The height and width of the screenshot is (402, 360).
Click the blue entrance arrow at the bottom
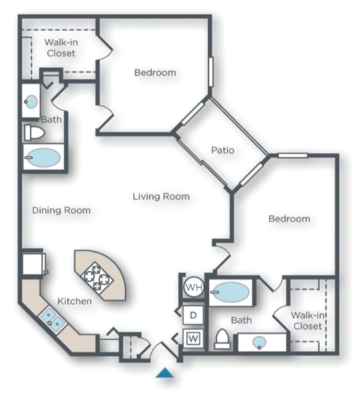coord(165,373)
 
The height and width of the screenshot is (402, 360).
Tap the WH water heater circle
coord(193,288)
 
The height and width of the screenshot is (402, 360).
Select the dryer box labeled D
coord(193,314)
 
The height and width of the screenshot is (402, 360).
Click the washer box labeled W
coord(193,338)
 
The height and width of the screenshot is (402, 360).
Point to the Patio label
coord(223,150)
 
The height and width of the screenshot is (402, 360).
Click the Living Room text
coord(161,196)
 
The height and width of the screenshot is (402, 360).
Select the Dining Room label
coord(61,210)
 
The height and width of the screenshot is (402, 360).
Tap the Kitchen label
coord(74,301)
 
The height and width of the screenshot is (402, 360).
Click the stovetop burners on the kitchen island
coord(96,276)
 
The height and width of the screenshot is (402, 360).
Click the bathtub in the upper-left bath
coord(42,158)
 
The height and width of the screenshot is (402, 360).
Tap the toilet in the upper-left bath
coord(34,132)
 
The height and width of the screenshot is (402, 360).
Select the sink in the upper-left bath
coord(32,102)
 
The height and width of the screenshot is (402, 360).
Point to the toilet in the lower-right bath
coord(221,340)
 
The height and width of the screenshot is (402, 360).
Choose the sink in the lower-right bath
coord(259,342)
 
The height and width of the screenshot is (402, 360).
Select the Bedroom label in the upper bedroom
coord(155,72)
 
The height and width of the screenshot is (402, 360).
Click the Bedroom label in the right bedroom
coord(289,218)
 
